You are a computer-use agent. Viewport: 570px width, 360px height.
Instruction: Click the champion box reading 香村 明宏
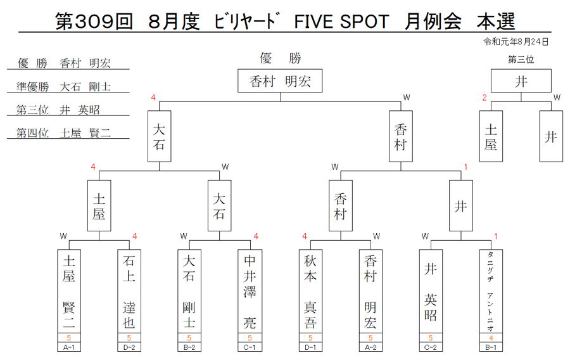coord(280,80)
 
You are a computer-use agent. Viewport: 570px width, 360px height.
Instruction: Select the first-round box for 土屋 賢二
coord(69,291)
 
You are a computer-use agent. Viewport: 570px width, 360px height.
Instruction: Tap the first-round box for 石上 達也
coord(129,291)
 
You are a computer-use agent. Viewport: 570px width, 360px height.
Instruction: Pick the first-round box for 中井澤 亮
coord(250,291)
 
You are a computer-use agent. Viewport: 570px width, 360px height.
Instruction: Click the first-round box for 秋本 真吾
coord(310,291)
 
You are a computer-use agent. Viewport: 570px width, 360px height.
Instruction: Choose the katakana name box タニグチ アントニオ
coord(491,291)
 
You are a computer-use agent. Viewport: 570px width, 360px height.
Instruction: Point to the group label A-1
coord(69,347)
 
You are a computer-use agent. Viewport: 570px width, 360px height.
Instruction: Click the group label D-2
coord(129,347)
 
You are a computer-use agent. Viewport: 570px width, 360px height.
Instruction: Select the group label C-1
coord(250,347)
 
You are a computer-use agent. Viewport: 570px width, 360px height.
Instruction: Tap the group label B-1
coord(491,347)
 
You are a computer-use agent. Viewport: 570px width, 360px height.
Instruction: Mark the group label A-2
coord(370,347)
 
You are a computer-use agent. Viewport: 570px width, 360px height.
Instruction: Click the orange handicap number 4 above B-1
coord(491,338)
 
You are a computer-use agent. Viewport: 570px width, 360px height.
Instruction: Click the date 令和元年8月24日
coord(516,42)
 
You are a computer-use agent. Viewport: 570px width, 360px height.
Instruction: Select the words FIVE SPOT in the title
coord(342,22)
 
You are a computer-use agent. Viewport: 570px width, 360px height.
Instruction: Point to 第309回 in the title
coord(94,22)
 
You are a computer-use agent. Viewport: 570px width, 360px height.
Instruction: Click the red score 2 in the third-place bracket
coord(484,98)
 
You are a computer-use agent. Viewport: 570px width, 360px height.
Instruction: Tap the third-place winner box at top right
coord(521,80)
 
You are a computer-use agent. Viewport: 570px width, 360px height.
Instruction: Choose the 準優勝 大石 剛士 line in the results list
coord(63,87)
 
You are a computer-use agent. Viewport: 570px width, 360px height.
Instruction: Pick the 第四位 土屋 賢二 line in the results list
coord(63,133)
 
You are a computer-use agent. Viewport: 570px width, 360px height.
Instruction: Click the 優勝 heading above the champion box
coord(281,58)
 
